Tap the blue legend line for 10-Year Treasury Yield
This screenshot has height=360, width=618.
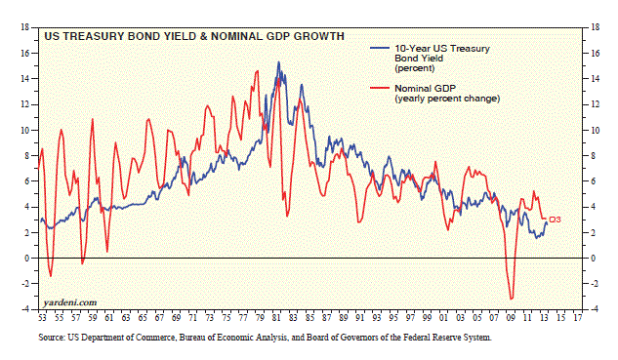[380, 49]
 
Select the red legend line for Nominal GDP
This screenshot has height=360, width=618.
[380, 88]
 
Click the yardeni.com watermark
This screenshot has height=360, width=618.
[69, 302]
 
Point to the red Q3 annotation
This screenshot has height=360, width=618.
[555, 220]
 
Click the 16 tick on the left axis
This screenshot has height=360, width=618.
[24, 54]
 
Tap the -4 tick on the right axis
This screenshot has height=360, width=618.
[594, 309]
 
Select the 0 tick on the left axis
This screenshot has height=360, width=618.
[27, 259]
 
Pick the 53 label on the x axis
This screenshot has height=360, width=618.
[42, 318]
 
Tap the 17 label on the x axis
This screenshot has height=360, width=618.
[577, 318]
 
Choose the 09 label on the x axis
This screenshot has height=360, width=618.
[511, 318]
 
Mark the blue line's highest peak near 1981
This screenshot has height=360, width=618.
[278, 61]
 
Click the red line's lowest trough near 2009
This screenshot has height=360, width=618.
[512, 299]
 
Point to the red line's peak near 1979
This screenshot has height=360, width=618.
[258, 71]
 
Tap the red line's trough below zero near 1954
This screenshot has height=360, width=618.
[51, 276]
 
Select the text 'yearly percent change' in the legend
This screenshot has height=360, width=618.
[447, 99]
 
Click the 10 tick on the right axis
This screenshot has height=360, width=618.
[595, 131]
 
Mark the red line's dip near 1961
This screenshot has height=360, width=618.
[106, 252]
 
